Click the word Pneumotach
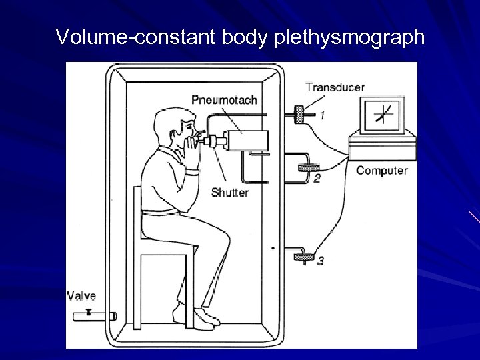click(224, 100)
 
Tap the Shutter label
click(230, 193)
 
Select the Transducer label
click(335, 87)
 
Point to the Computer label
click(381, 171)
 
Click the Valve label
click(82, 296)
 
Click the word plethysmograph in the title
click(348, 37)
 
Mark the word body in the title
click(247, 37)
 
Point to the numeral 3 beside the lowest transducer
click(321, 261)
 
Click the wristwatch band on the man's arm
click(192, 172)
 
